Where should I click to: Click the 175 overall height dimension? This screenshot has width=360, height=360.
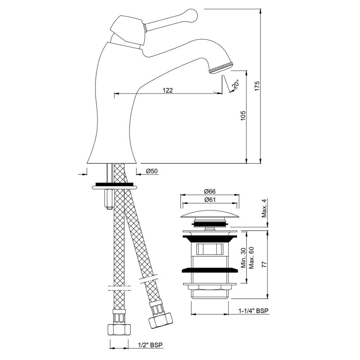(x=257, y=86)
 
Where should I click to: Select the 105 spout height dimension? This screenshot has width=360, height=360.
(x=243, y=116)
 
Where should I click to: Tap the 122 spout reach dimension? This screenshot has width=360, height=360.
(x=168, y=90)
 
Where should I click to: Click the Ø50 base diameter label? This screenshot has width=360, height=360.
(x=152, y=171)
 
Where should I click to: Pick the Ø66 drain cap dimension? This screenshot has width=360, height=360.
(x=210, y=191)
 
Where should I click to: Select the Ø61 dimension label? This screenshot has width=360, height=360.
(x=210, y=199)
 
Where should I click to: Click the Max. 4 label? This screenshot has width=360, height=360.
(x=264, y=208)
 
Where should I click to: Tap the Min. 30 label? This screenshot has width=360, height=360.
(x=243, y=258)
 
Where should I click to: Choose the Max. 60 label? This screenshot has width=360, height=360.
(x=251, y=258)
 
